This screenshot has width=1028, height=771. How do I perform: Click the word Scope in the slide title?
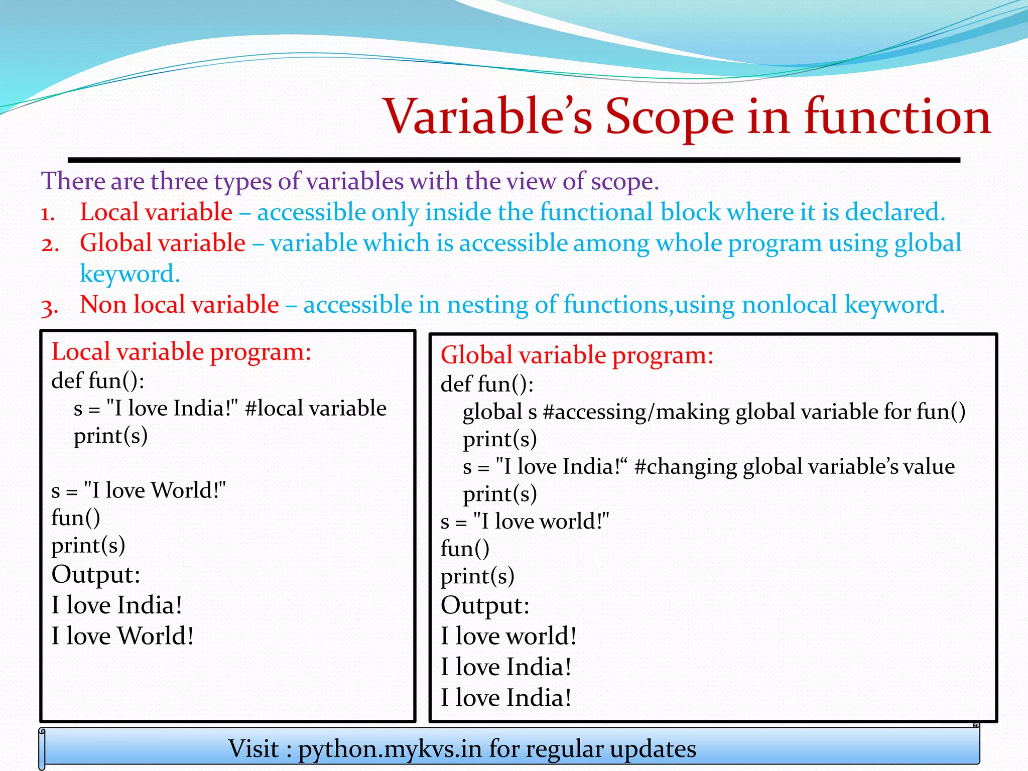(x=670, y=117)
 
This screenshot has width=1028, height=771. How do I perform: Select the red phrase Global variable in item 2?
(x=162, y=243)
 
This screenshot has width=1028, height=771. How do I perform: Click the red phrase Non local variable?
(x=179, y=305)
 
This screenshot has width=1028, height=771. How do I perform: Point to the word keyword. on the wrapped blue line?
(x=130, y=274)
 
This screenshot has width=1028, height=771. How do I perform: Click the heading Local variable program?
(x=181, y=351)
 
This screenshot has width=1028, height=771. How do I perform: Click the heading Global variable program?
(x=577, y=355)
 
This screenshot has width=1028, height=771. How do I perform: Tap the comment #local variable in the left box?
(x=316, y=408)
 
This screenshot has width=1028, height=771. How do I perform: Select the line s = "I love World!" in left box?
(x=139, y=490)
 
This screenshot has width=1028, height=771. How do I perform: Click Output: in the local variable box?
(x=95, y=575)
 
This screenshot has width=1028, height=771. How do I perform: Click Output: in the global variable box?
(x=485, y=605)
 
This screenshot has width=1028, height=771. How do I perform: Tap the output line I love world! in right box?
(x=508, y=636)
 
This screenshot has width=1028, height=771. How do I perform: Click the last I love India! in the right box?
(x=506, y=698)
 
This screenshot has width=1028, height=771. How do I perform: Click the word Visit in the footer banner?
(x=253, y=749)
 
